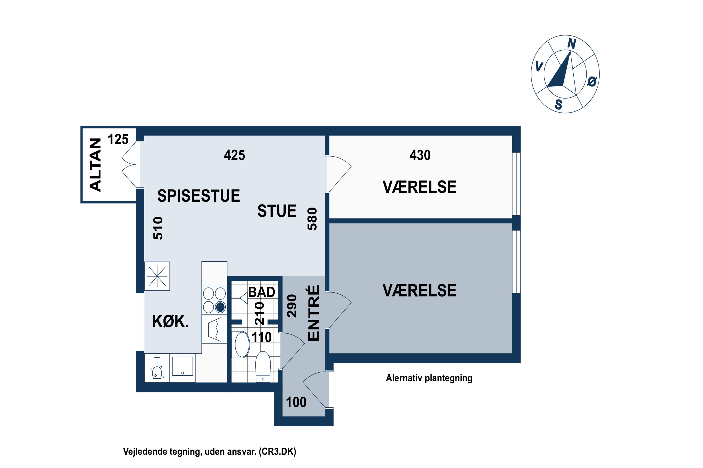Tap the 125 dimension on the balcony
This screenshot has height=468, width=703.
tap(118, 139)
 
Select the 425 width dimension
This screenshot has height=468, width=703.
tap(234, 155)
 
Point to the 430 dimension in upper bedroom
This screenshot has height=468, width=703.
tap(420, 155)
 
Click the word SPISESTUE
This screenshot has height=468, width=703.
tap(198, 196)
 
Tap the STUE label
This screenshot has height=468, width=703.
tap(277, 211)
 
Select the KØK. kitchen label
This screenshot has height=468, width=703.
tap(170, 322)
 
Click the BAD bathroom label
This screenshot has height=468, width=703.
tap(262, 292)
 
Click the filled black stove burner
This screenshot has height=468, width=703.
tap(220, 307)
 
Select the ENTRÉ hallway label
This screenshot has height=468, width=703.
tap(314, 313)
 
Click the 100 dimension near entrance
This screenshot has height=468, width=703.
tap(296, 402)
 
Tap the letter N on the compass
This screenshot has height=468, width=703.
tap(572, 44)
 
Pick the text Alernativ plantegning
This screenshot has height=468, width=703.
tap(429, 378)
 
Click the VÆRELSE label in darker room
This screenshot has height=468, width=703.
tap(419, 290)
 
